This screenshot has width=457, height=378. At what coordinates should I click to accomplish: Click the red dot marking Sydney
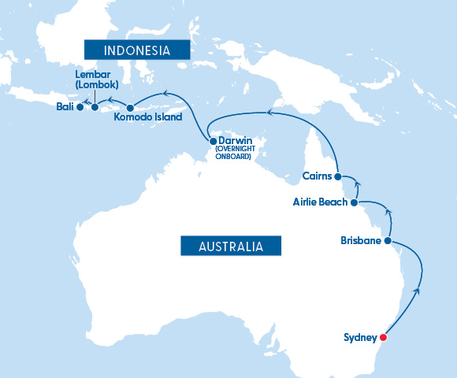tap(384, 339)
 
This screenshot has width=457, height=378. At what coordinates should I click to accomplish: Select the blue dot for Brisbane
tap(388, 240)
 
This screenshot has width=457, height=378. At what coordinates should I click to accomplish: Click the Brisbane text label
tap(361, 240)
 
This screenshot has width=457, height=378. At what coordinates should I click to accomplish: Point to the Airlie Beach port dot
tap(354, 202)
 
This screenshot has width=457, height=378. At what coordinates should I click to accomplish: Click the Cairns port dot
tap(337, 176)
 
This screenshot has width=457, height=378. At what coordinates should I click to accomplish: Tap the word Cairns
tap(317, 176)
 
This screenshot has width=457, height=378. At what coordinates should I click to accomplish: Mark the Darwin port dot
tap(213, 141)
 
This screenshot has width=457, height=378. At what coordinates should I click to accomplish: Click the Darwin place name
tap(235, 141)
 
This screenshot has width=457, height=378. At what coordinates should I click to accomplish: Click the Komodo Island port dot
tap(130, 108)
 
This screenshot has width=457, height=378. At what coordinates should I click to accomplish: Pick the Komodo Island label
tap(148, 117)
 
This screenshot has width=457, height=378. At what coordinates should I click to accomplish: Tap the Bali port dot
tap(80, 107)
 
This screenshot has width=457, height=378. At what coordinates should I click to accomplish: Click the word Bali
tap(65, 107)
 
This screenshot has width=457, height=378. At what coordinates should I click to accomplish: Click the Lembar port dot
tap(95, 108)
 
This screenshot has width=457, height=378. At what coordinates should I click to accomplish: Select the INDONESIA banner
tap(138, 50)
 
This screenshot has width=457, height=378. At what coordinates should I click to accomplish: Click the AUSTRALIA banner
tap(231, 246)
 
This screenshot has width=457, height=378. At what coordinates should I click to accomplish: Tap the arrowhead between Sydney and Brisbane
tap(417, 291)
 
